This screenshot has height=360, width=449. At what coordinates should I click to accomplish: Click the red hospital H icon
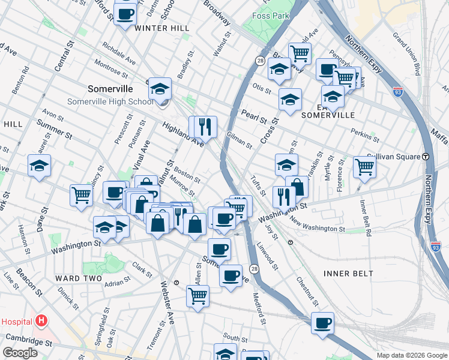[41, 321]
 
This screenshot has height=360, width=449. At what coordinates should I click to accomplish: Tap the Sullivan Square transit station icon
[426, 157]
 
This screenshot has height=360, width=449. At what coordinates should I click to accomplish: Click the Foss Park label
[270, 16]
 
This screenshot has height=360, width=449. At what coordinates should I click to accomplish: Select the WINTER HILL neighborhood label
[162, 28]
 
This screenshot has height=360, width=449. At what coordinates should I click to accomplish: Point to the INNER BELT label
[348, 274]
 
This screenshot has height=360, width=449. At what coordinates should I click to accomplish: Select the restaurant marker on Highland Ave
[203, 126]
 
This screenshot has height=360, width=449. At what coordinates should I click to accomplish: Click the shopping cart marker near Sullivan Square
[364, 167]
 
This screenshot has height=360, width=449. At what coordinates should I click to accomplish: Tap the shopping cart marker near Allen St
[197, 295]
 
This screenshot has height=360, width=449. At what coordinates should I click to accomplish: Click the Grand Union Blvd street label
[407, 53]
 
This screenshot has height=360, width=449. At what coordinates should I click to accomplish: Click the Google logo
[20, 353]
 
